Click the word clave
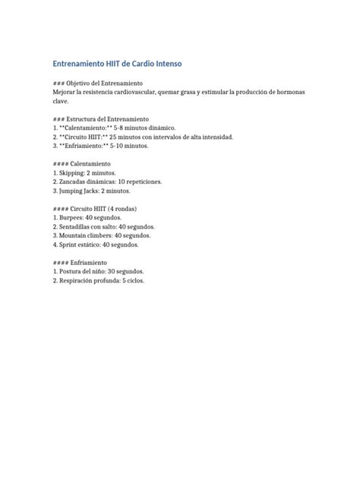(62, 100)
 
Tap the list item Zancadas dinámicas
(89, 182)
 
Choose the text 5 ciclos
(151, 281)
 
